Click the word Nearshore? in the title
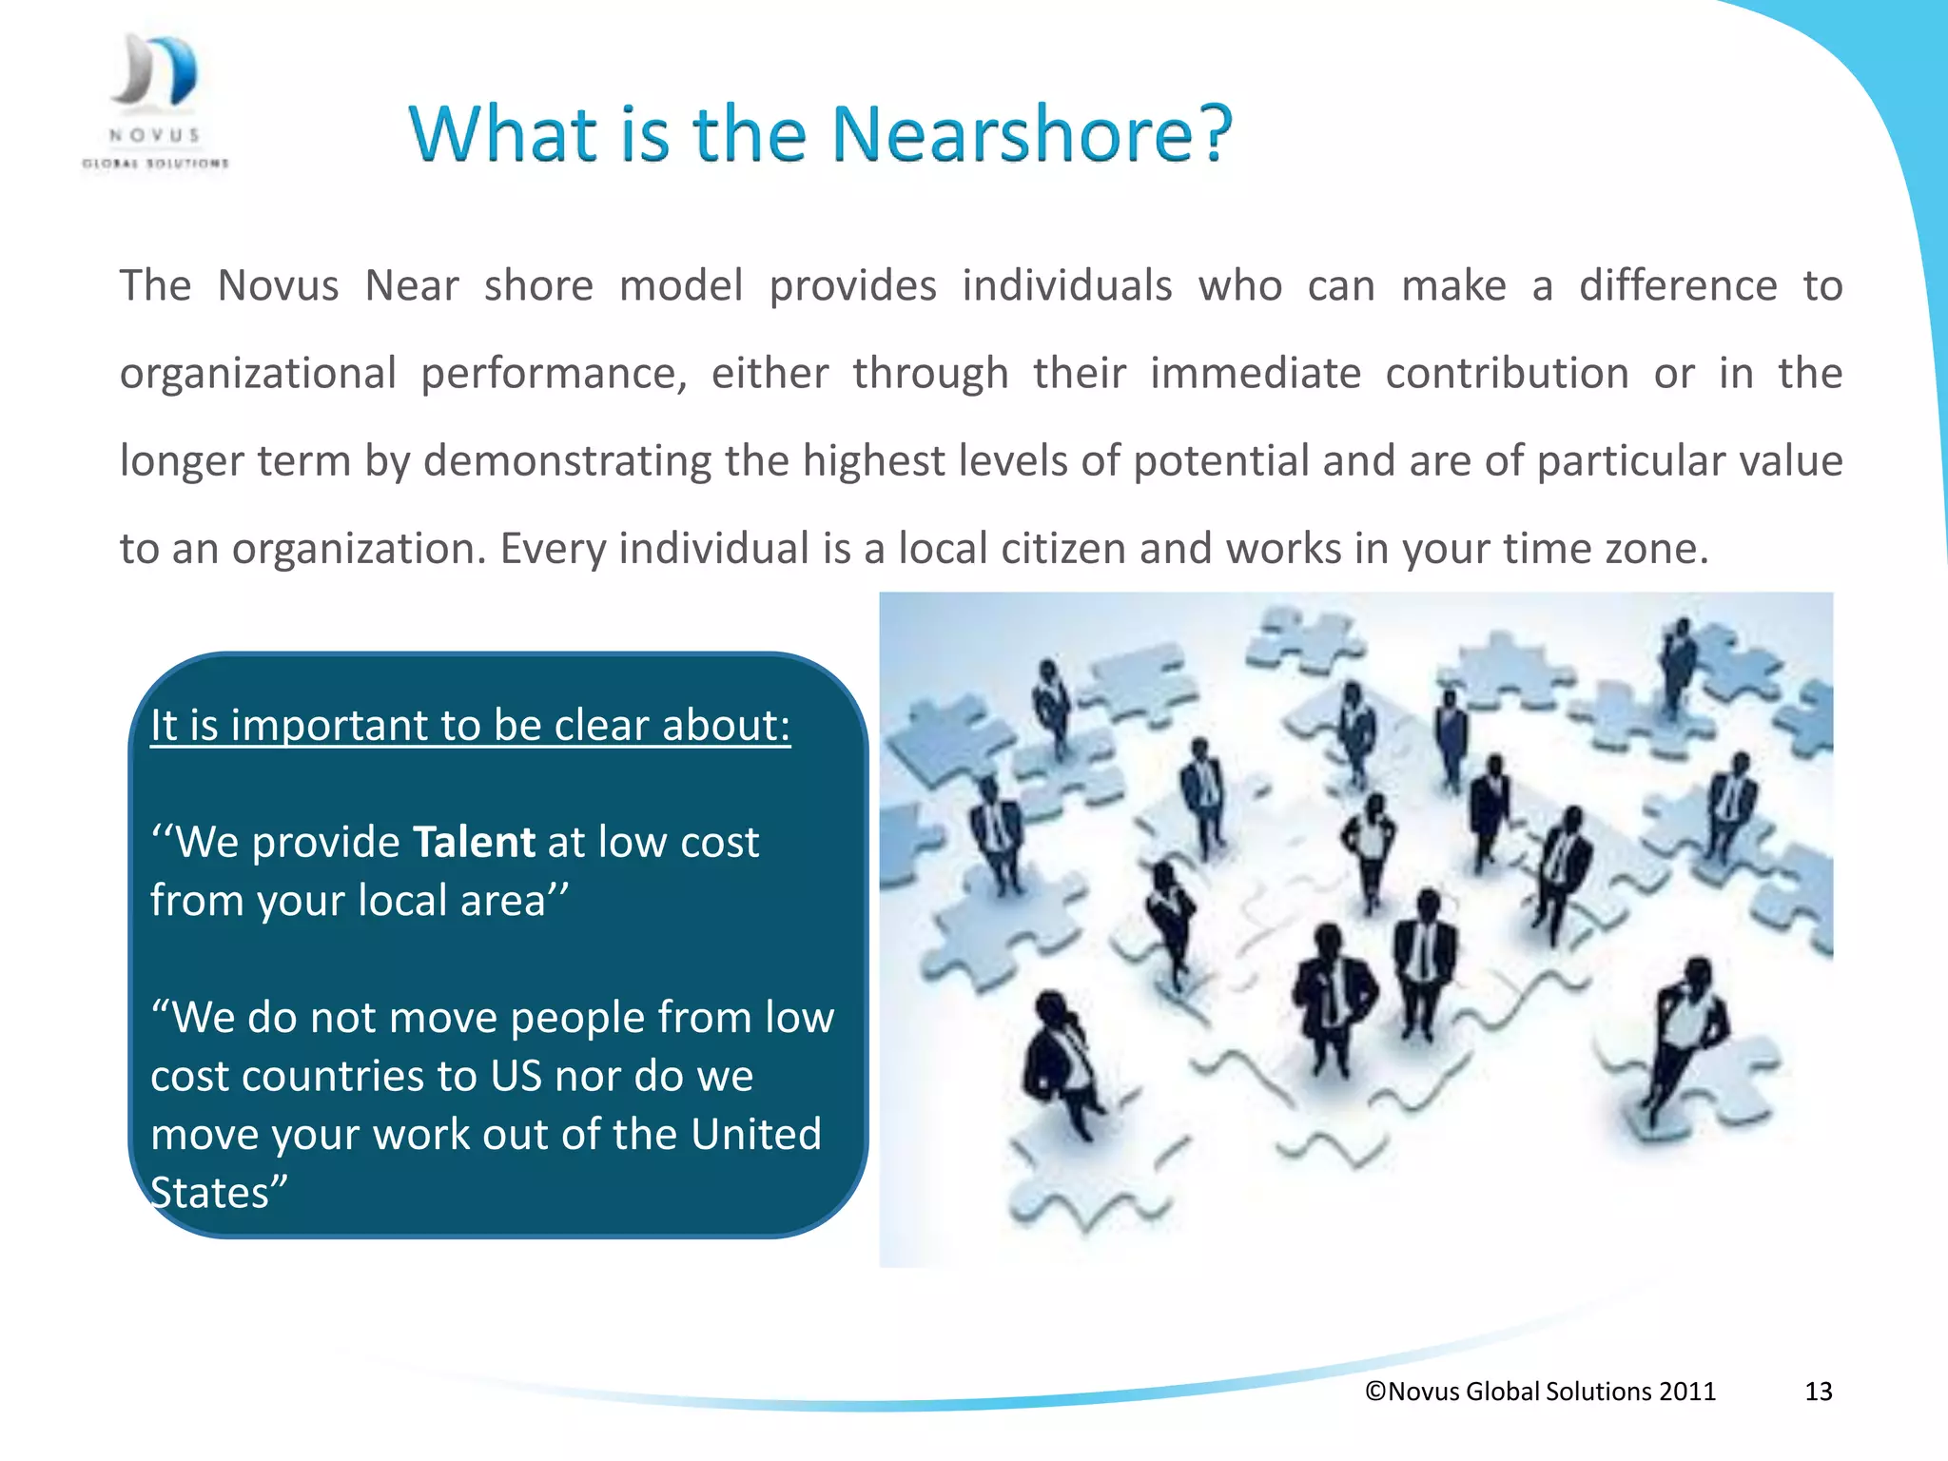click(x=1032, y=134)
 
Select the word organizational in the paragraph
click(x=258, y=374)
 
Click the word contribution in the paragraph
click(x=1507, y=374)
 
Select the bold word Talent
click(x=474, y=843)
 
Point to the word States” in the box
click(x=218, y=1193)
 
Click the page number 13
click(x=1818, y=1392)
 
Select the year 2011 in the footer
click(x=1686, y=1392)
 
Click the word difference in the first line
click(x=1677, y=286)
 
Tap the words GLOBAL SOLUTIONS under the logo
click(x=155, y=164)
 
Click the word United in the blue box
click(x=755, y=1135)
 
